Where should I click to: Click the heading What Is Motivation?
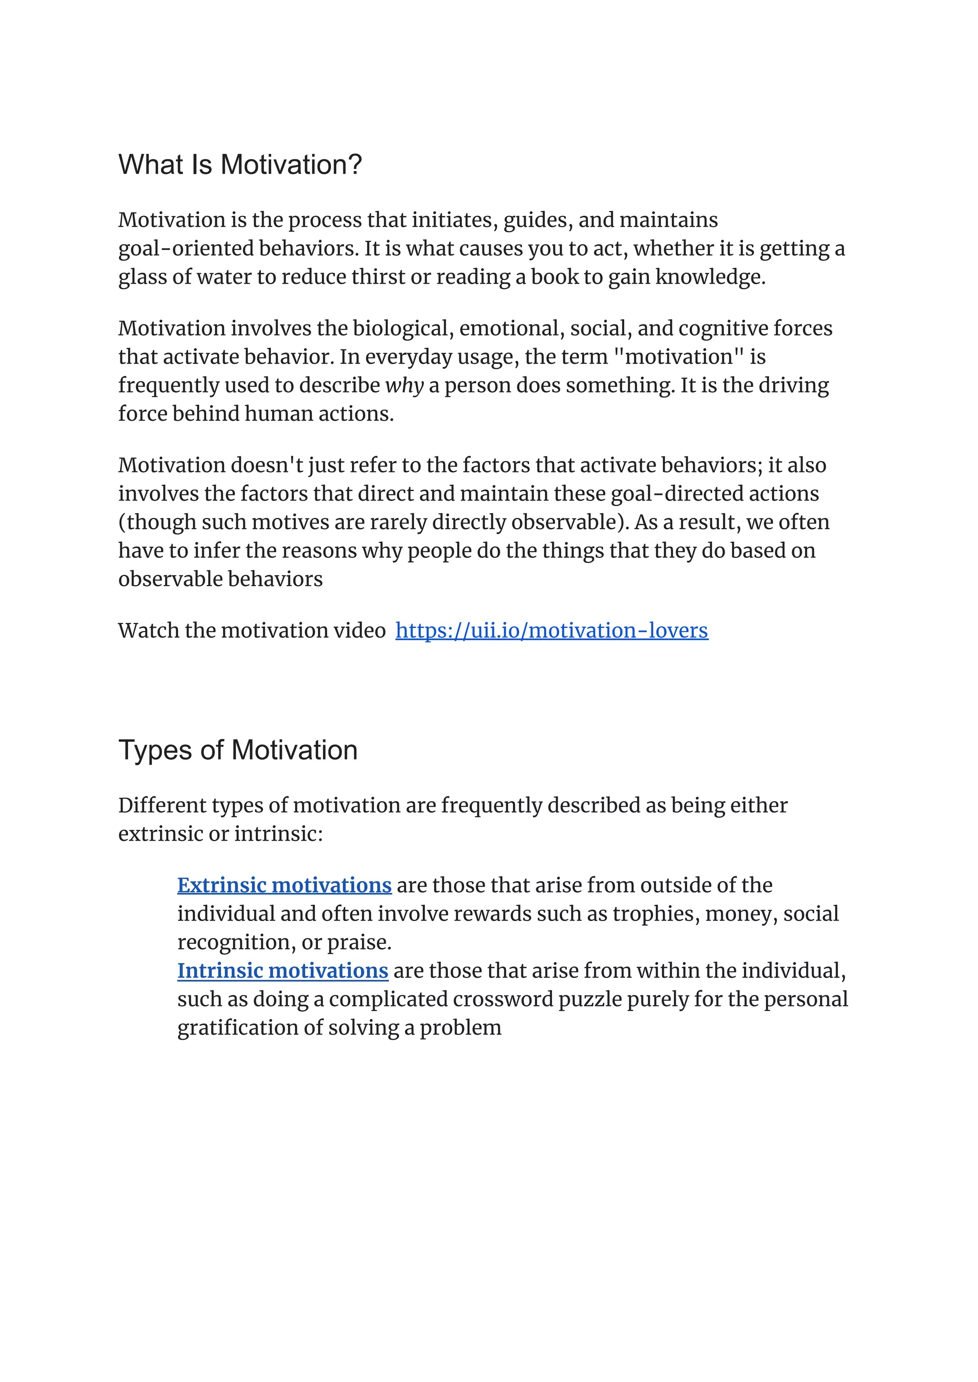coord(240,164)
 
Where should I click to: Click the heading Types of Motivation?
coord(238,750)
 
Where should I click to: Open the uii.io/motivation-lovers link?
coord(552,630)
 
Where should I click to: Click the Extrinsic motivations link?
coord(284,885)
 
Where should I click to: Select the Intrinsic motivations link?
coord(282,971)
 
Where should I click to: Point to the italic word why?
coord(404,386)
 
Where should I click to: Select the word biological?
coord(403,328)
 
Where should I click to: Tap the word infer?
coord(217,551)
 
